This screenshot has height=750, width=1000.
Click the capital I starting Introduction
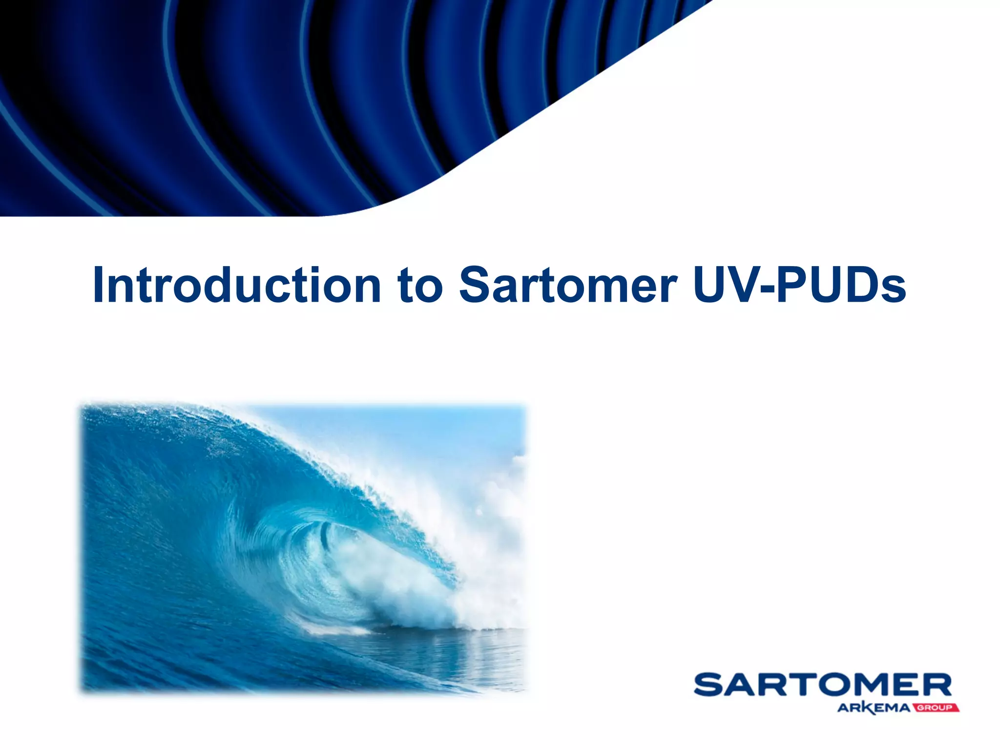98,285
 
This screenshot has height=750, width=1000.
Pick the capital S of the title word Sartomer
476,285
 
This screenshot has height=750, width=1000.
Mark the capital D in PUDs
861,285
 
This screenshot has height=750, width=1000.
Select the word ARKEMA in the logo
874,708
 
